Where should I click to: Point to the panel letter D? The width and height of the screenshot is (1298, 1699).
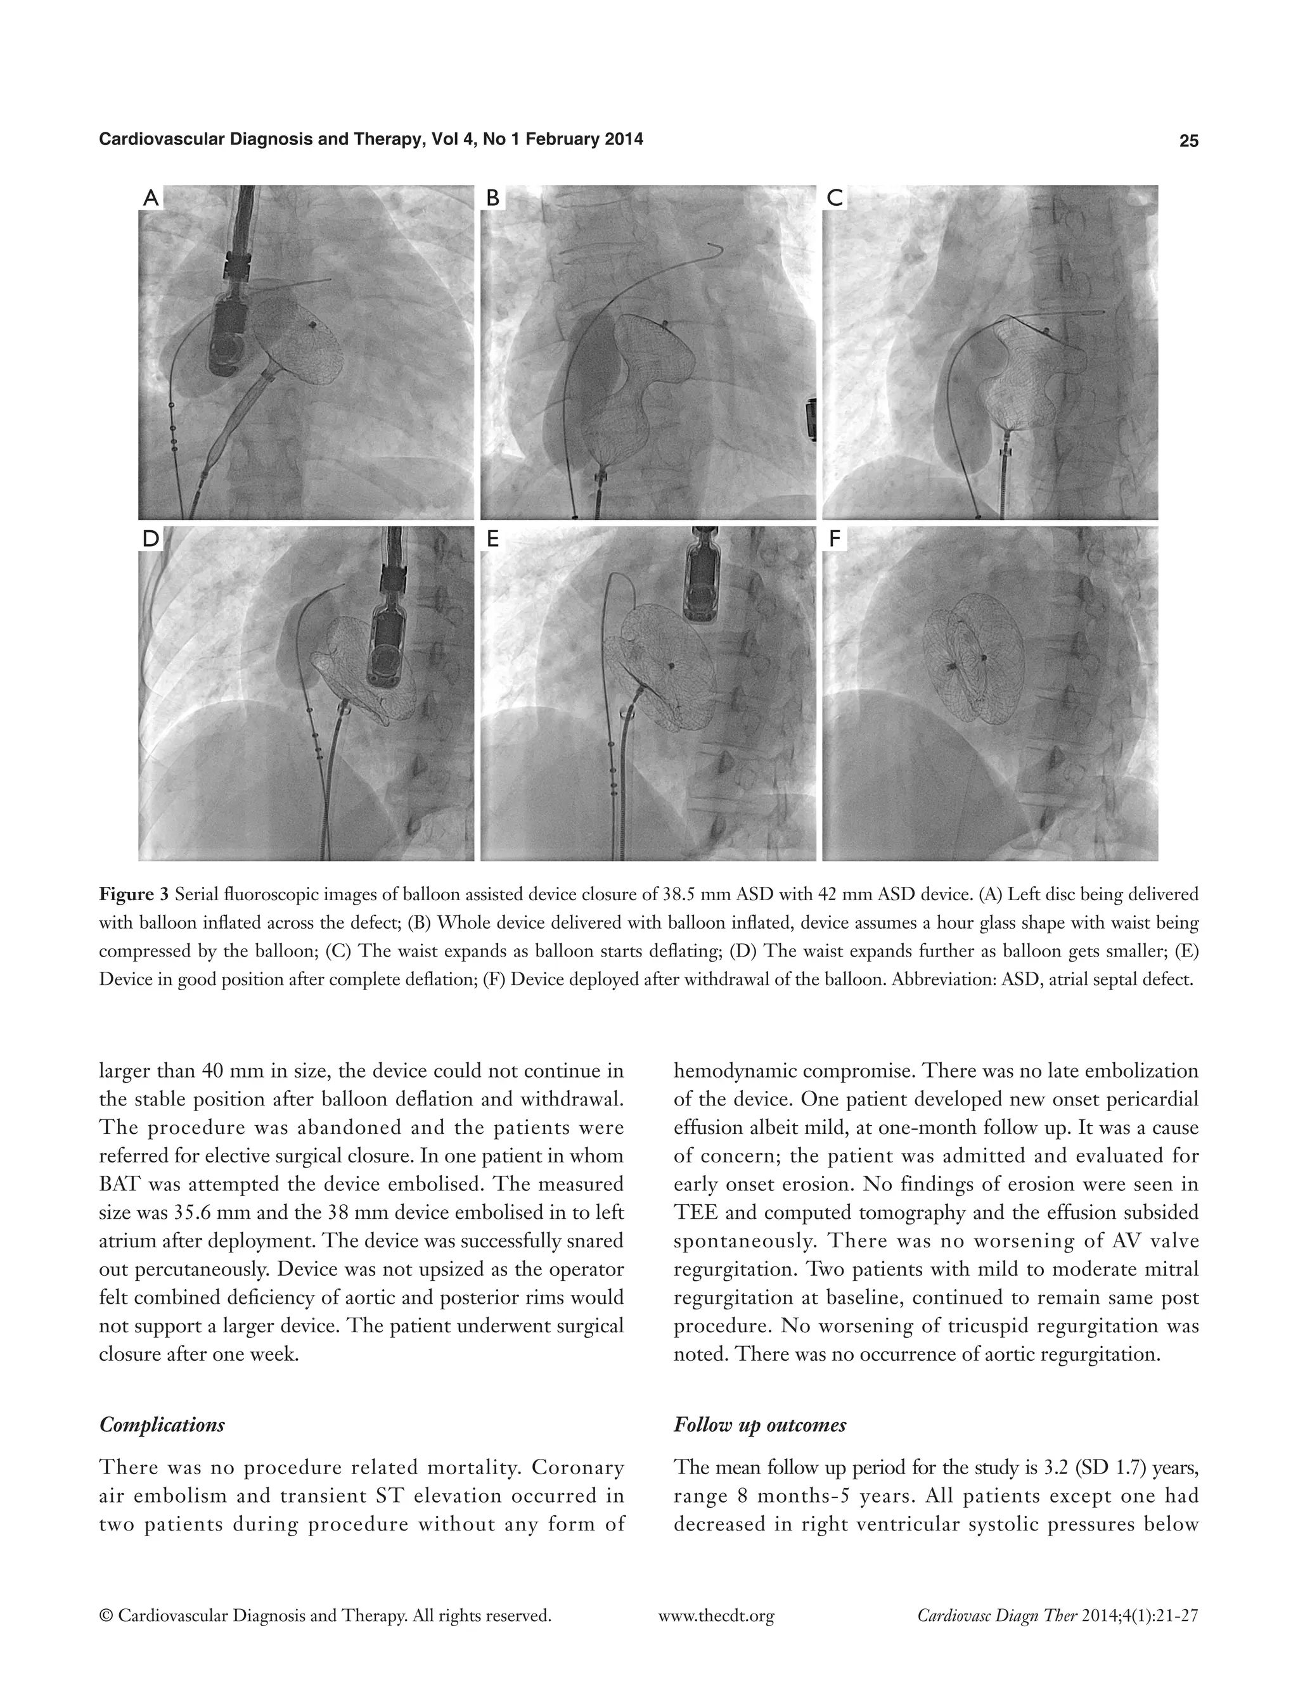(x=151, y=539)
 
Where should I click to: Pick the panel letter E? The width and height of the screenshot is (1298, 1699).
(x=492, y=539)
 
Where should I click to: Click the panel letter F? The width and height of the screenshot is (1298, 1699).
(x=835, y=539)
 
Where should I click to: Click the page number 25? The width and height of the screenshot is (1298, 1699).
(x=1188, y=141)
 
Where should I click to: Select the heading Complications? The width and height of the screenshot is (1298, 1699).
(x=162, y=1425)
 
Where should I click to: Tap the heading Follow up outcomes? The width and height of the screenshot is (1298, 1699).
(x=759, y=1425)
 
